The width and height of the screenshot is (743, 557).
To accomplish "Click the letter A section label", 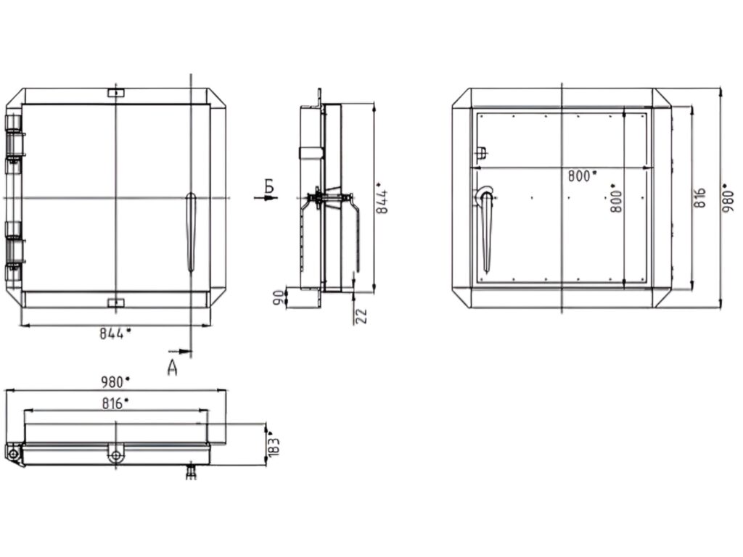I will coord(173,368).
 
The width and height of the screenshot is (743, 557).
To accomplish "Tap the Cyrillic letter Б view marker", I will coord(269,186).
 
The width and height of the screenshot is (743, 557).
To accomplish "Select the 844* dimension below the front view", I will coord(115,333).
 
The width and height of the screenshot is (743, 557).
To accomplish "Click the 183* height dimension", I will coord(274,444).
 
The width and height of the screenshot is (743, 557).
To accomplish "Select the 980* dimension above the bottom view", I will coord(115,381).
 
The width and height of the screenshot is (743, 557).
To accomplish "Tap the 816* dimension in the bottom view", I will coord(115,403).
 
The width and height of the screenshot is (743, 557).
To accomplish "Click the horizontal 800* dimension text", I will coord(583,175).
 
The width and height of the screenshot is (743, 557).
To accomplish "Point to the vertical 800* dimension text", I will coord(616,197).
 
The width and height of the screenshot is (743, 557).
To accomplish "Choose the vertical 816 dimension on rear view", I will coord(699,197).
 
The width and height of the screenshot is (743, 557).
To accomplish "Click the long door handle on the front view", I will coord(191,232).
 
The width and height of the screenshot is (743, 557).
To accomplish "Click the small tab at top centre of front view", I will coord(115,93).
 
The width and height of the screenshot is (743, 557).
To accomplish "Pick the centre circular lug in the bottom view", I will coord(115,455).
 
